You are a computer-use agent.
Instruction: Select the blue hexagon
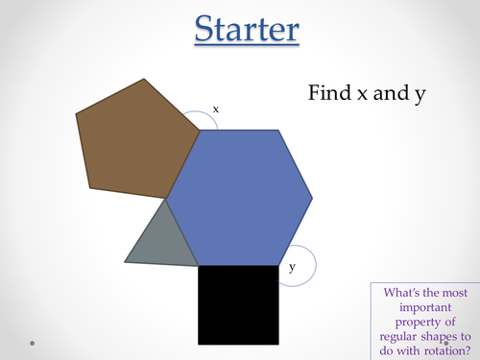240,197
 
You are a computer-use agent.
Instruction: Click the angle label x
215,109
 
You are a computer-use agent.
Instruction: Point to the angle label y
292,269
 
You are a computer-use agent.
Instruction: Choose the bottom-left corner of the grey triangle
125,260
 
